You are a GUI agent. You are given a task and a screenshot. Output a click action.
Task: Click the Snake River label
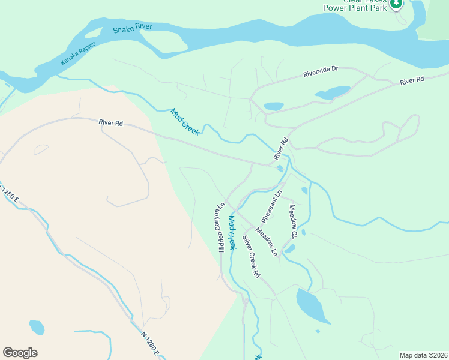click(x=133, y=28)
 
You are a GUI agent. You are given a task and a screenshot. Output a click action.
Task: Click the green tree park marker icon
click(x=396, y=4)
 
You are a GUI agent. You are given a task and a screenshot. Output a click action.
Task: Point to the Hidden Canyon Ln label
click(x=220, y=230)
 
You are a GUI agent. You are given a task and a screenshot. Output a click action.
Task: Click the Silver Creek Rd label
click(x=251, y=256)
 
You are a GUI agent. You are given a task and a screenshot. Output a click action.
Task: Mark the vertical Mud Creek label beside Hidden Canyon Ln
click(x=232, y=233)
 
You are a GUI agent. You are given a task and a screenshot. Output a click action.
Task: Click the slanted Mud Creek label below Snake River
click(x=185, y=122)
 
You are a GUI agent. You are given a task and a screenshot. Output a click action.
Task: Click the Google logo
click(x=20, y=353)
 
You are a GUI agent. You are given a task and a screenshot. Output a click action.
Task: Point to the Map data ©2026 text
click(x=423, y=355)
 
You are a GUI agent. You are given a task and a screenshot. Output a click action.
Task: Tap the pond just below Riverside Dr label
click(x=333, y=92)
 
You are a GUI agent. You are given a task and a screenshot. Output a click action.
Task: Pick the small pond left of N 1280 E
click(x=37, y=327)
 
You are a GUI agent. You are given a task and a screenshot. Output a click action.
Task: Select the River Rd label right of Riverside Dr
click(x=412, y=80)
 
